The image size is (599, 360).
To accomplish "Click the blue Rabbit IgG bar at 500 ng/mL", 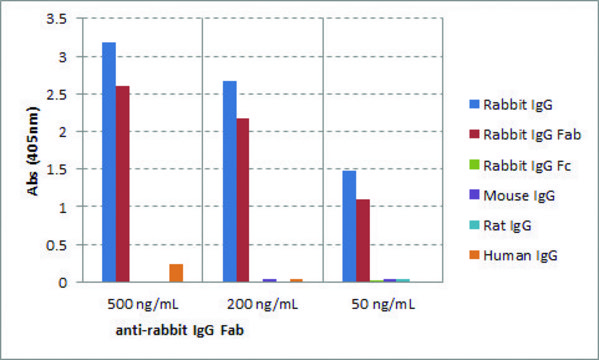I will pyautogui.click(x=109, y=162).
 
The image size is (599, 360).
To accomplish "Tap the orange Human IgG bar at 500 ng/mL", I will pyautogui.click(x=176, y=273).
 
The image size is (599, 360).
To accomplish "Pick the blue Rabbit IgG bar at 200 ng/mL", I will pyautogui.click(x=229, y=181).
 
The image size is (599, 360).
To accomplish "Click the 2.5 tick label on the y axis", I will pyautogui.click(x=64, y=95).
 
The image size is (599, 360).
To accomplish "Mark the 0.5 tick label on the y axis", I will pyautogui.click(x=64, y=245).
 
